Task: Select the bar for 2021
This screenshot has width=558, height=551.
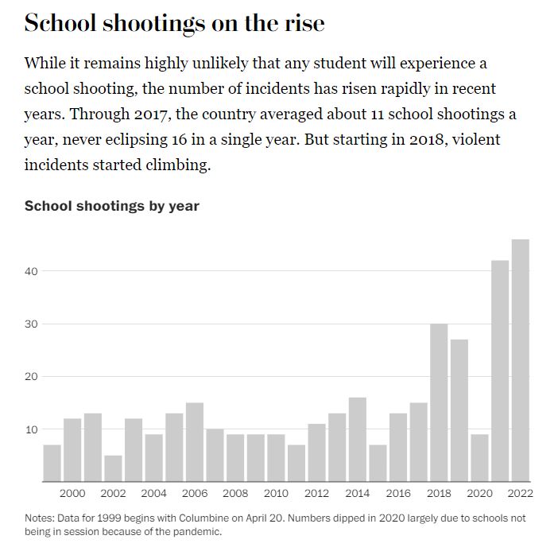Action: point(500,371)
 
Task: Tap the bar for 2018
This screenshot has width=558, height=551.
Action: point(439,402)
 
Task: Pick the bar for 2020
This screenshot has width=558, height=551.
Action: point(479,457)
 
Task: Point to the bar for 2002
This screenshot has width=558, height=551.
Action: point(114,468)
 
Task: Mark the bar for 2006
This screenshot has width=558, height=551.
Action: point(195,441)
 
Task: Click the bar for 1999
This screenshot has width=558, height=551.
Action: point(52,463)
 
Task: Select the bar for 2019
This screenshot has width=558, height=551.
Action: point(459,410)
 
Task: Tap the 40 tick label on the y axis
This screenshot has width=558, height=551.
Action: point(31,271)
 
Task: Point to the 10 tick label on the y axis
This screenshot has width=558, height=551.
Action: point(31,429)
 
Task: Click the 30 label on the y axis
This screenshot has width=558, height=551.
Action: point(31,324)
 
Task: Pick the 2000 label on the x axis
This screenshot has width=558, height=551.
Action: point(72,493)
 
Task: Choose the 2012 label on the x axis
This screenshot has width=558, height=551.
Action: point(316,493)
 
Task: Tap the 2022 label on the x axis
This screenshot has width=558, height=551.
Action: point(521,493)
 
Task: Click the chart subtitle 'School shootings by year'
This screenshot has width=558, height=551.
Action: point(111,206)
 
